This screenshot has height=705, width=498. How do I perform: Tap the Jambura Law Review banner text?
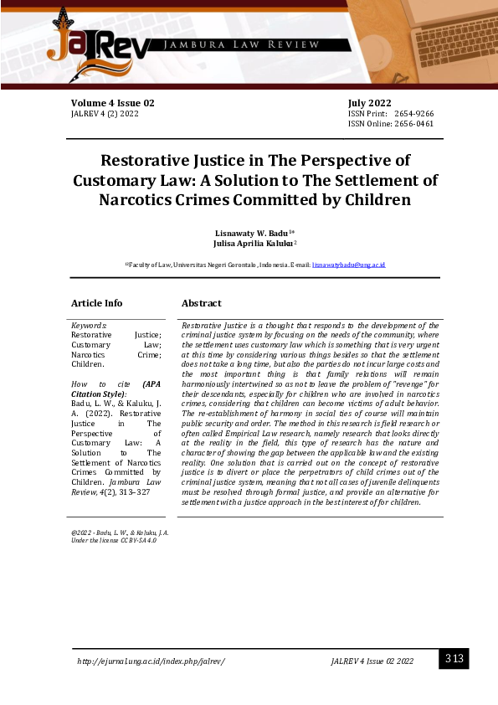243,44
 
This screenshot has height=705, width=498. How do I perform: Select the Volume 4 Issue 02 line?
113,103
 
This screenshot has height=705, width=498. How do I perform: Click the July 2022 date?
370,103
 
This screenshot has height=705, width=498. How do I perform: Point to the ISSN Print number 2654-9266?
413,114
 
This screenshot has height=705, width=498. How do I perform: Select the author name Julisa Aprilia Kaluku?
249,243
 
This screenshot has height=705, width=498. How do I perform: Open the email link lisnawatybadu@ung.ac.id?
348,265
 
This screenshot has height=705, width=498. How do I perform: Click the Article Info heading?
96,303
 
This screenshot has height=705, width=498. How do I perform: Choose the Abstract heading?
202,303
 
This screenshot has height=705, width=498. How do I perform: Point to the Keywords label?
89,325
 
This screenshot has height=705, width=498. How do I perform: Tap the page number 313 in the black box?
454,659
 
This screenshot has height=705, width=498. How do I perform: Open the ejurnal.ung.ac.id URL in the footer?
151,661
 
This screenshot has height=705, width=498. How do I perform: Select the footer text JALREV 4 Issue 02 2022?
372,661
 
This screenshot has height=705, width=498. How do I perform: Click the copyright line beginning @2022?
120,533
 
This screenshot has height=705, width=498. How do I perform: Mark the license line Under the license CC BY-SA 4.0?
114,541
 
